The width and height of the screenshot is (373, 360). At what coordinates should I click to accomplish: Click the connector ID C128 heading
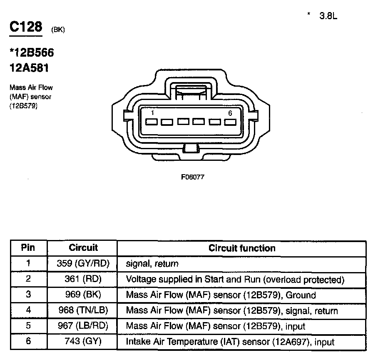[26, 27]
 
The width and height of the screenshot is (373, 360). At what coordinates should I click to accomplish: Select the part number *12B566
[32, 53]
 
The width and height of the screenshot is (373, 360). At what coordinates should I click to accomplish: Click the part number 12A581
[29, 67]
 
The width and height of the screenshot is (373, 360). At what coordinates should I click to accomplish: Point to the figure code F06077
[192, 176]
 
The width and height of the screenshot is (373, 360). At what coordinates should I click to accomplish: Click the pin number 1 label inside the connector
[153, 113]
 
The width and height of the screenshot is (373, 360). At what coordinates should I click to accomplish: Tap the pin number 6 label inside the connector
[230, 113]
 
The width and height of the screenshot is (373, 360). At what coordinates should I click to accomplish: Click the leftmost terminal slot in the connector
[152, 122]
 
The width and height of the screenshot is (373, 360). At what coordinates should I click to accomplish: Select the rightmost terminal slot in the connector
[230, 122]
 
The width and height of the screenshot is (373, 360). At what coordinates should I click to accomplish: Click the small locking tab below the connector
[190, 148]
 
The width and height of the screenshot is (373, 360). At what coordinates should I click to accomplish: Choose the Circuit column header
[83, 248]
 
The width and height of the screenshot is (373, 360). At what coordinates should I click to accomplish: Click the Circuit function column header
[242, 248]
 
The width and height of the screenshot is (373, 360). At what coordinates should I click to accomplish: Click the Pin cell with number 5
[28, 326]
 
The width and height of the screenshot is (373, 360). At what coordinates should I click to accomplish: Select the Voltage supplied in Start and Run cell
[235, 279]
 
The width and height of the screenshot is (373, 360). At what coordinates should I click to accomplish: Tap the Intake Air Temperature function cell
[230, 342]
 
